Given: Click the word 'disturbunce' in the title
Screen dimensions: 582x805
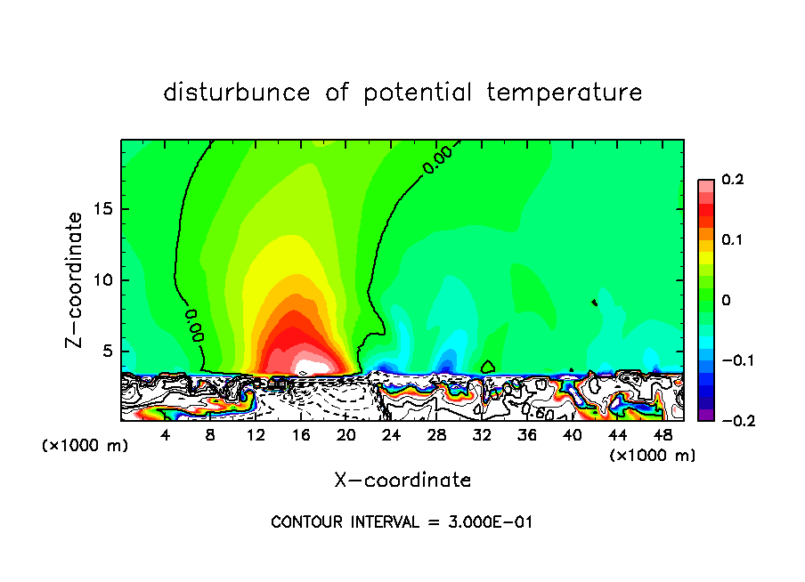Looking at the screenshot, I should pyautogui.click(x=236, y=93).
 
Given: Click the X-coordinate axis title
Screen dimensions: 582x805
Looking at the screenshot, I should pyautogui.click(x=402, y=481).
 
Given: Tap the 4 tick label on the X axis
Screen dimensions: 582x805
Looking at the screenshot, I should pyautogui.click(x=165, y=434).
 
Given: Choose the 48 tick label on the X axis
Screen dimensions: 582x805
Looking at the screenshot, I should pyautogui.click(x=663, y=434).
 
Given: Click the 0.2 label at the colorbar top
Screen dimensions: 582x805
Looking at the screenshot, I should pyautogui.click(x=732, y=180).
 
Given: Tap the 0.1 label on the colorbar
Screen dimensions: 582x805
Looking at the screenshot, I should pyautogui.click(x=732, y=240).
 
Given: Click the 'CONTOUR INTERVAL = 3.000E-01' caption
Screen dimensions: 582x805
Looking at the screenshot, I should pyautogui.click(x=402, y=522).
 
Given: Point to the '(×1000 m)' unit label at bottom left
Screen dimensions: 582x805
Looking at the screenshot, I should pyautogui.click(x=85, y=446).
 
